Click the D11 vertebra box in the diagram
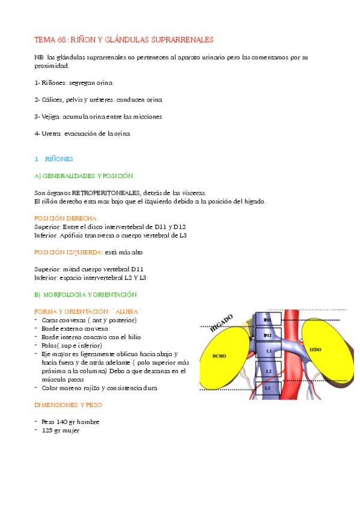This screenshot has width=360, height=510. click(x=267, y=321)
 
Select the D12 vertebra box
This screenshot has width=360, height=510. click(x=267, y=335)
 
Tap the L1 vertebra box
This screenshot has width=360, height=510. click(x=269, y=350)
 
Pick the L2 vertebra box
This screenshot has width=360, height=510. click(x=269, y=372)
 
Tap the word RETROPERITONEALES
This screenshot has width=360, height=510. click(x=105, y=192)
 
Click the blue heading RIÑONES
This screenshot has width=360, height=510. click(x=59, y=159)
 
